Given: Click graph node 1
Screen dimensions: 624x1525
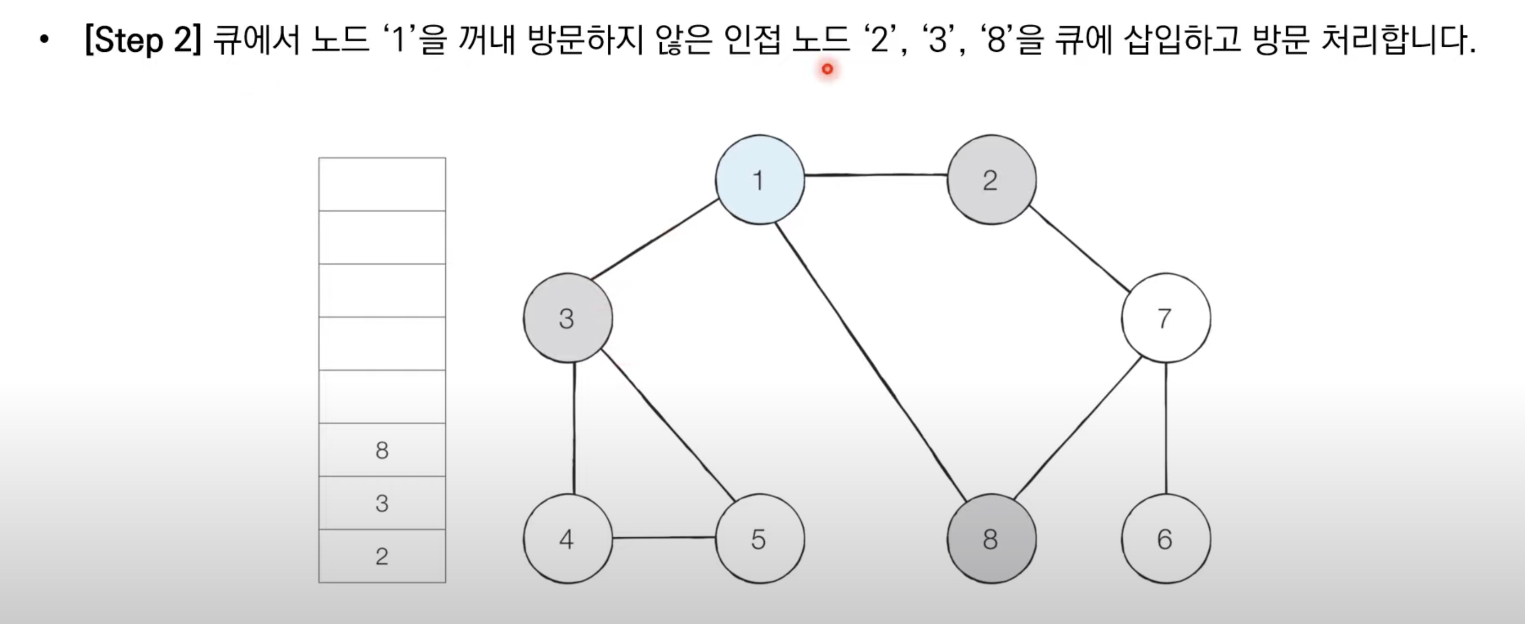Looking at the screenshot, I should coord(760,180).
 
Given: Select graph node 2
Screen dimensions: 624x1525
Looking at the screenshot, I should coord(991,180).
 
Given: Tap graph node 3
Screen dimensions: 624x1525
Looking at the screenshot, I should coord(567,318).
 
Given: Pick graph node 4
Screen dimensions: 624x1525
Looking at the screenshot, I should coord(567,538).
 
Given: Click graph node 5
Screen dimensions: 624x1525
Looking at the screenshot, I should coord(760,538).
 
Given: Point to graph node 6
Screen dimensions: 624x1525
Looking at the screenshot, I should coord(1165,538).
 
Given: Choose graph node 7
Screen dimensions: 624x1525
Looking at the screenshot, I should coord(1165,318).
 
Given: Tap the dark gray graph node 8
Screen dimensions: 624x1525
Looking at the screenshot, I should coord(991,538).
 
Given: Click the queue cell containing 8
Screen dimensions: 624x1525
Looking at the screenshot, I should coord(382,450).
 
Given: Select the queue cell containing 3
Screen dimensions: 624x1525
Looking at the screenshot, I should coord(382,503).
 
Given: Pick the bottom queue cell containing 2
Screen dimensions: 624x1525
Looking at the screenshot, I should coord(382,556).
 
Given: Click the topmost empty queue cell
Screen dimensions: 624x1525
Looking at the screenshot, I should coord(382,184).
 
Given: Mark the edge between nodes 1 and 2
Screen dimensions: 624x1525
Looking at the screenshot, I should coord(876,175).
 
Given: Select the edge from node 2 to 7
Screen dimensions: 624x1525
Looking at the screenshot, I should coord(1079,249).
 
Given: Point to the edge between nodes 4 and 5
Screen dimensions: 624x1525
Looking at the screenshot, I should coord(663,537).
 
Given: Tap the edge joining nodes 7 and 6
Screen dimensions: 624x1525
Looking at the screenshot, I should coord(1165,428).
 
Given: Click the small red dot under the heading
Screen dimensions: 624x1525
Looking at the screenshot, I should coord(827,69).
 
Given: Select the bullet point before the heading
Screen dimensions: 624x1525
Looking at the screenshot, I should coord(44,41).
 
